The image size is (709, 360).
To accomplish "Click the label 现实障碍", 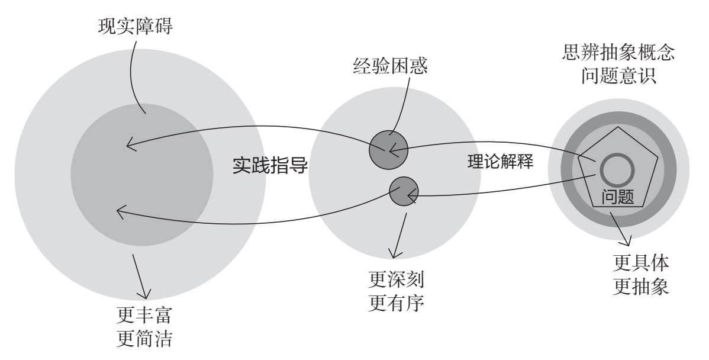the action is tap(135, 27).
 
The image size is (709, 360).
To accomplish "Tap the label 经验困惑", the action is tap(390, 66).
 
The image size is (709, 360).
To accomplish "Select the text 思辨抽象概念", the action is tap(618, 53).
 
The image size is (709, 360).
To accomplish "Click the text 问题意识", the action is tap(618, 76).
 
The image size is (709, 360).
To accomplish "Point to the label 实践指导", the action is tap(270, 166).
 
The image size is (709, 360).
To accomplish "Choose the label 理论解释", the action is tap(500, 162).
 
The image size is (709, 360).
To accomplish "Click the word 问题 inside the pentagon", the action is tap(618, 196).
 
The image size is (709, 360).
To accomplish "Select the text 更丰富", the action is tap(144, 315).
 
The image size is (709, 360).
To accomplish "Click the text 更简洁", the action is tap(144, 338).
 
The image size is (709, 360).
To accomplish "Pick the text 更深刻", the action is tap(397, 281).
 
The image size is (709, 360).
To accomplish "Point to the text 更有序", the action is tap(397, 303).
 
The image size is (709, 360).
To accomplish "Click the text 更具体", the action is tap(641, 263).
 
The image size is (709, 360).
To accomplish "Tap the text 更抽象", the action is tap(641, 286).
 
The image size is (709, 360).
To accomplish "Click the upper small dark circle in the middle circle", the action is tap(388, 150).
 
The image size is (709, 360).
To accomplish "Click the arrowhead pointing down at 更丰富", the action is tap(144, 293).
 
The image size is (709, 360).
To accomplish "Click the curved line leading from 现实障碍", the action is tap(133, 72).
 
